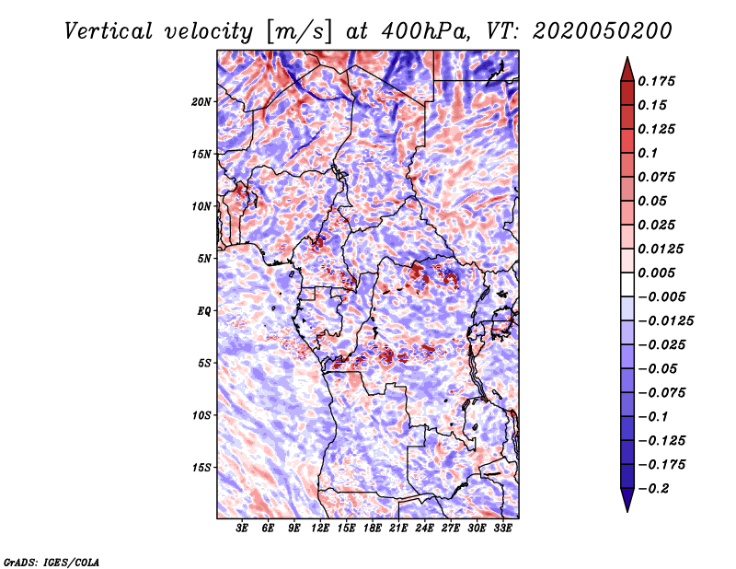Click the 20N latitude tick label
(201, 101)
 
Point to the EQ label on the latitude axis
(204, 311)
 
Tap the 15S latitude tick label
(201, 468)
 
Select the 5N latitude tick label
(204, 259)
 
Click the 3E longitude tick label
(243, 529)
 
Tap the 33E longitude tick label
(503, 529)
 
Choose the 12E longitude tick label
(321, 529)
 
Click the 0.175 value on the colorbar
(659, 81)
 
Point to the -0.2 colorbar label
(654, 488)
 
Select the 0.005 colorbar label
(659, 273)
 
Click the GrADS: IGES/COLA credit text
(51, 560)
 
